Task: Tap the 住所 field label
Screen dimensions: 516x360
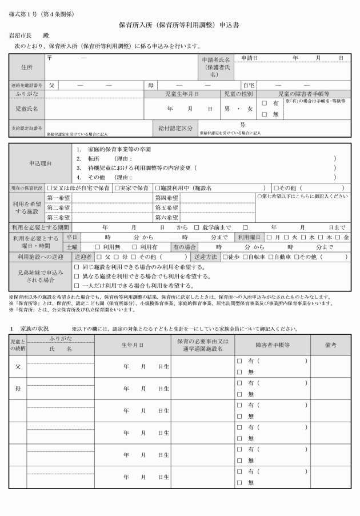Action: (x=26, y=67)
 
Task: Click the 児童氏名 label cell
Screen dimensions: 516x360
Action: (x=26, y=108)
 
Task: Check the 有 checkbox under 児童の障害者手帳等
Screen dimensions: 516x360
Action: (x=265, y=103)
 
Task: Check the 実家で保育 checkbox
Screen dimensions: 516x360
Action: (x=117, y=187)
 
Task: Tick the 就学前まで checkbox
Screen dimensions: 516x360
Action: (x=197, y=227)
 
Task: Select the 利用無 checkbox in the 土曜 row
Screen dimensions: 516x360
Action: (x=98, y=247)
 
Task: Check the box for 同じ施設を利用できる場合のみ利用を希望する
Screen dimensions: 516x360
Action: (x=77, y=267)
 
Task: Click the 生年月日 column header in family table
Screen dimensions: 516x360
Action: (x=133, y=345)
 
